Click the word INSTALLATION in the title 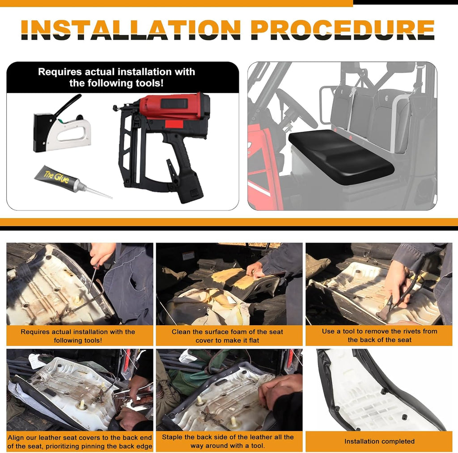[131, 30]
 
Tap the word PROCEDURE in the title [343, 30]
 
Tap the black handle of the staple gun [67, 105]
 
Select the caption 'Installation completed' [379, 441]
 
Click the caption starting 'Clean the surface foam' [227, 336]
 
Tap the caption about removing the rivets [379, 336]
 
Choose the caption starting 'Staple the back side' [228, 441]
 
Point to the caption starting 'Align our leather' [80, 442]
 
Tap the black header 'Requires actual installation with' [117, 77]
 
